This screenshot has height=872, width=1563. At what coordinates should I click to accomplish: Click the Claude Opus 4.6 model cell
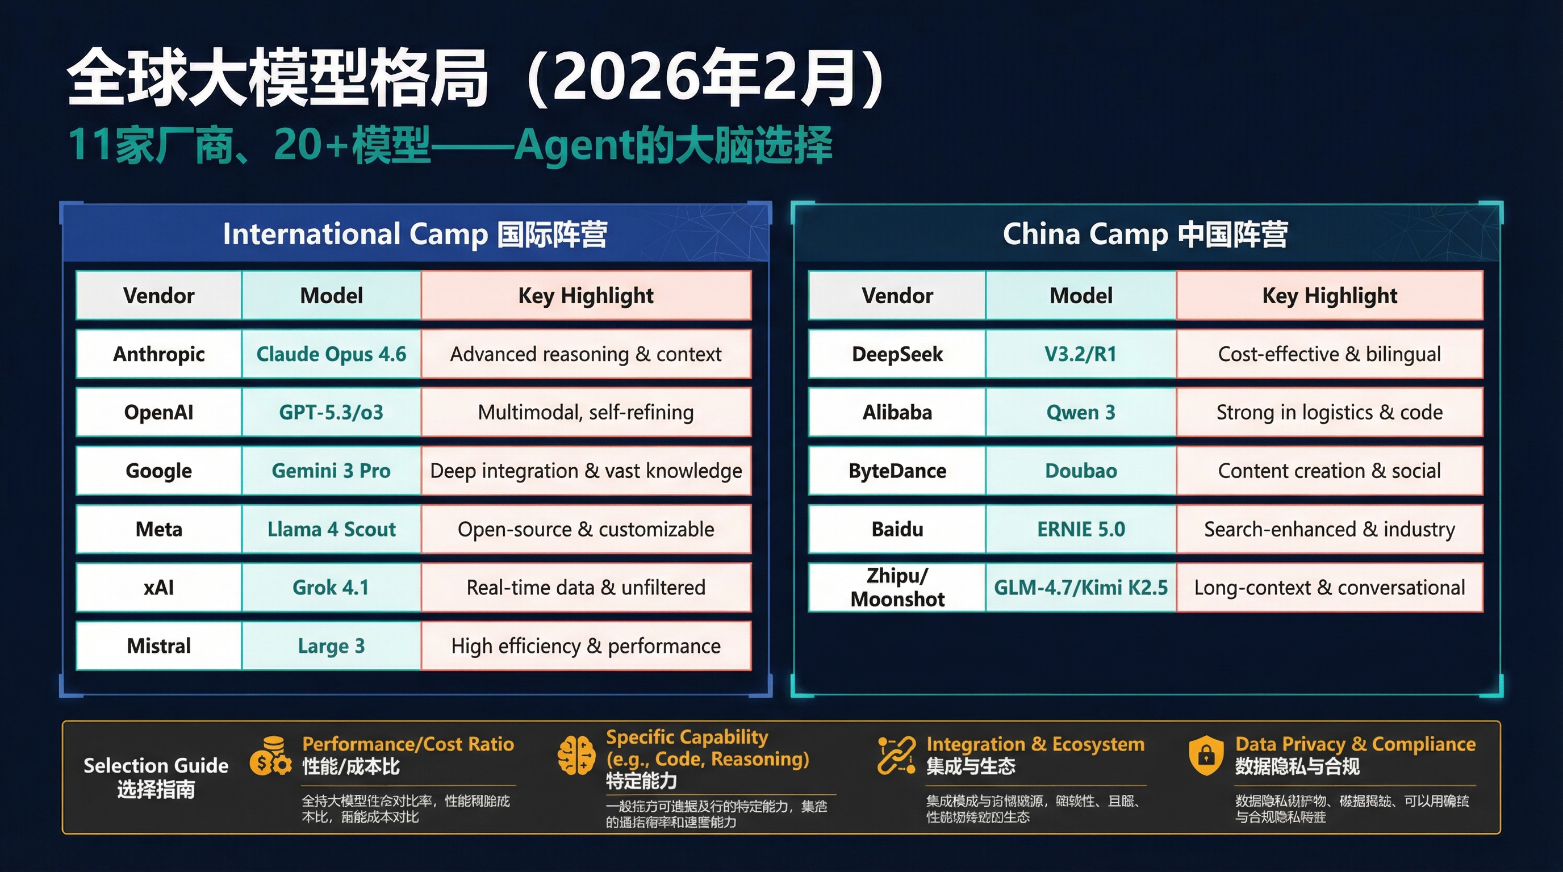point(331,354)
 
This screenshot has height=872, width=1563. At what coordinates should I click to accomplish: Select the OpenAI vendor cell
point(158,412)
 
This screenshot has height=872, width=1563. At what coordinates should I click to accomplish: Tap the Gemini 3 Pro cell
point(331,471)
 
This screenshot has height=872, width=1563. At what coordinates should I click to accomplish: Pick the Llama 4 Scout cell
point(331,529)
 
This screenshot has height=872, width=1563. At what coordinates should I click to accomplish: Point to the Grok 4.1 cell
point(331,587)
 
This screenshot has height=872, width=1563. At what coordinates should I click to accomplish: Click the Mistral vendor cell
point(158,646)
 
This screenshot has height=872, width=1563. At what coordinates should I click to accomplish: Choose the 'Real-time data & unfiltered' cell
point(586,587)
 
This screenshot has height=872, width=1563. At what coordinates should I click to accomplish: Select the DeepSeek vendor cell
point(897,354)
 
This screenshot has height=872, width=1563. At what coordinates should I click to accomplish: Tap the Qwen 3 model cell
point(1081,412)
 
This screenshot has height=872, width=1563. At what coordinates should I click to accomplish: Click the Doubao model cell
point(1081,471)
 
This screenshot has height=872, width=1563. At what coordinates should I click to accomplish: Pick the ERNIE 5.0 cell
point(1081,529)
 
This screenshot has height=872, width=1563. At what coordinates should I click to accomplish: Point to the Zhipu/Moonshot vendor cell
point(897,587)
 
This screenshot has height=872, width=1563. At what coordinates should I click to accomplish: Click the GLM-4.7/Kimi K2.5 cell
point(1081,587)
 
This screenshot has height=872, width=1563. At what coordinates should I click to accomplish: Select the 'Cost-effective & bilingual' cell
point(1329,354)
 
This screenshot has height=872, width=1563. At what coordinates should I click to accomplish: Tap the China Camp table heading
point(1145,234)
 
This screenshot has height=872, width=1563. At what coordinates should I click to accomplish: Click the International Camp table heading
point(415,234)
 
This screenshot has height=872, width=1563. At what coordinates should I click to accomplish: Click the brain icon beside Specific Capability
point(576,756)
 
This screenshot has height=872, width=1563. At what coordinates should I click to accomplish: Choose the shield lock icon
point(1206,756)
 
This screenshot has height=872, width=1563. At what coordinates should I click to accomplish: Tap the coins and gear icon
point(270,757)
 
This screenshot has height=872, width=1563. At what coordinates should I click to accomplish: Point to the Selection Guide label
point(156,777)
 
